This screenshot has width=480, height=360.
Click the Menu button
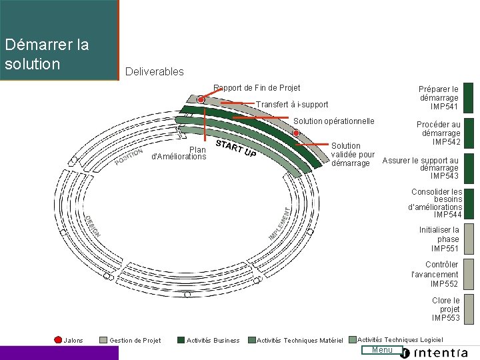[x=382, y=351]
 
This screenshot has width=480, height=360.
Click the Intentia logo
[x=440, y=353]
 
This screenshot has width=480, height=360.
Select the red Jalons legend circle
[x=58, y=340]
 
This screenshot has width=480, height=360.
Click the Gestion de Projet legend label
[x=135, y=341]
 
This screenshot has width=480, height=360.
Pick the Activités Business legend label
[x=213, y=341]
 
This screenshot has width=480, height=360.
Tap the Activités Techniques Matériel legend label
[x=299, y=341]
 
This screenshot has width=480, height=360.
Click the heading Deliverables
[x=154, y=71]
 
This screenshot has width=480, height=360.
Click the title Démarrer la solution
[x=47, y=55]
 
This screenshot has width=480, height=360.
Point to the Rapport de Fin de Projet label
[x=257, y=88]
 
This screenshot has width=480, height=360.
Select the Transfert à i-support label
[x=292, y=105]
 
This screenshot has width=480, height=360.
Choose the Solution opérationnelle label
[x=334, y=121]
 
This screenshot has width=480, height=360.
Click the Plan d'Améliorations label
[x=180, y=153]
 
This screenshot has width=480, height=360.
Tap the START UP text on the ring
[x=236, y=149]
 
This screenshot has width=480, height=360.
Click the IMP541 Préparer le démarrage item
[x=439, y=98]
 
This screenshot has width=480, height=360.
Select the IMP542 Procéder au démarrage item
[x=439, y=133]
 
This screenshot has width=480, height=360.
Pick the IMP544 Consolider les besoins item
[x=436, y=203]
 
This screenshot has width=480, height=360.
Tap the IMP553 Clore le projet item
[x=445, y=309]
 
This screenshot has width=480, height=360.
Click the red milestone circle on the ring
[x=201, y=99]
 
